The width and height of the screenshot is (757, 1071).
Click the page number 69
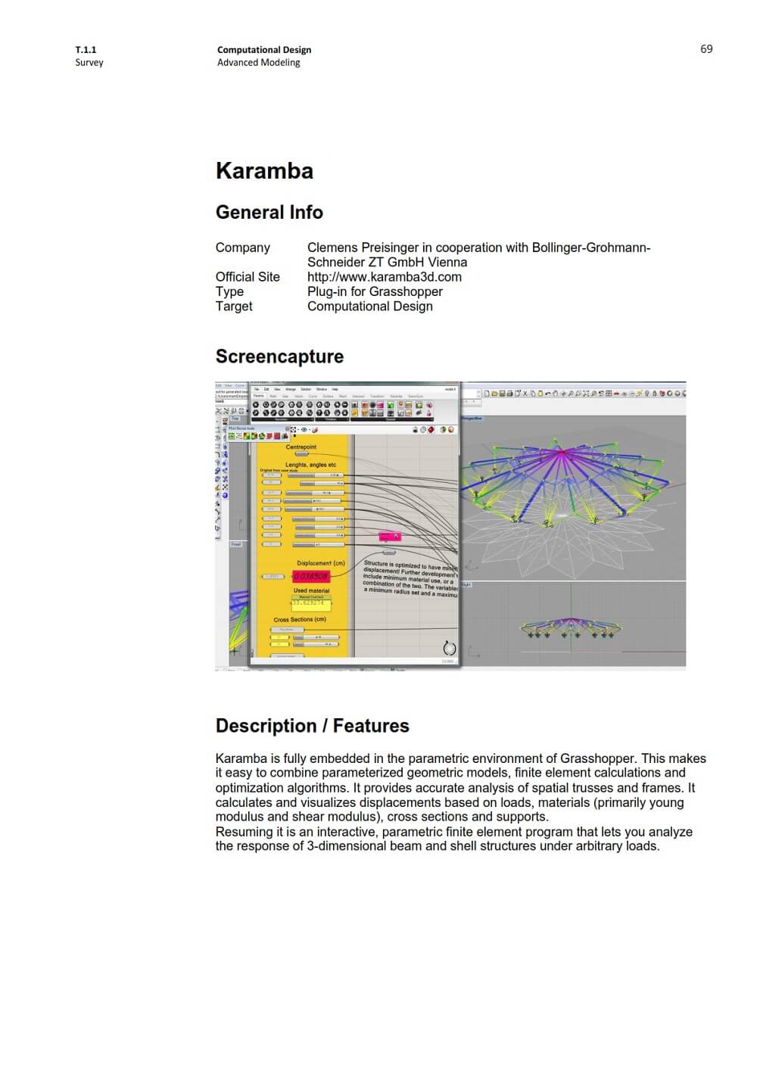tap(706, 49)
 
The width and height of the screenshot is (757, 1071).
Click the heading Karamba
tap(264, 171)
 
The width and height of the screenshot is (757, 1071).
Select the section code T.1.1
tap(86, 50)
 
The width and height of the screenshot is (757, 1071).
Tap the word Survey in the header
tap(89, 63)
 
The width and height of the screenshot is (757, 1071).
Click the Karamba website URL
tap(384, 277)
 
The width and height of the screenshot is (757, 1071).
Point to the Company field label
tap(242, 248)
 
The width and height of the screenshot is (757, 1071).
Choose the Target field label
tap(234, 307)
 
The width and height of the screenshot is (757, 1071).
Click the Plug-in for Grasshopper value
tap(375, 291)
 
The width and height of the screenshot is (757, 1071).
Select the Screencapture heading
tap(279, 356)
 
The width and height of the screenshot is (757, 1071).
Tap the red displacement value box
tap(310, 577)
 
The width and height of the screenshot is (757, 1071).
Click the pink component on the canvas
tap(389, 537)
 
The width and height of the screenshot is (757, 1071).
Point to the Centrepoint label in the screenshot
tap(301, 447)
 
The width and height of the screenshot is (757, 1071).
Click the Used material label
tap(311, 590)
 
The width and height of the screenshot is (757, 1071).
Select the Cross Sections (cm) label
tap(300, 619)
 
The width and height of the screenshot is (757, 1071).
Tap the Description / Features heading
tap(312, 726)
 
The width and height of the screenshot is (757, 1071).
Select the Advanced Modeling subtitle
tap(258, 63)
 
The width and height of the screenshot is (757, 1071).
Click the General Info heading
tap(269, 213)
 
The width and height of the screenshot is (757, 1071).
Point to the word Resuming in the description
tap(242, 832)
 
